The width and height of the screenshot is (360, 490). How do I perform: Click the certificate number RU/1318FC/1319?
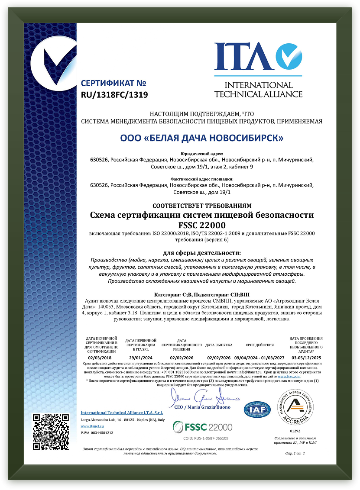pyautogui.click(x=114, y=94)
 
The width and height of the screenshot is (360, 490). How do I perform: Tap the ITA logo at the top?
pyautogui.click(x=258, y=69)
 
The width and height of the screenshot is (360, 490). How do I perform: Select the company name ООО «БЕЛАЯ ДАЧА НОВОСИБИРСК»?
pyautogui.click(x=202, y=138)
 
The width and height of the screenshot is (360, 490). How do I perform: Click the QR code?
pyautogui.click(x=51, y=432)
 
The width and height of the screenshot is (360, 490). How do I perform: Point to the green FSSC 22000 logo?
pyautogui.click(x=203, y=427)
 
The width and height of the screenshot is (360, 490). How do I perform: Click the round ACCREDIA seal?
pyautogui.click(x=295, y=407)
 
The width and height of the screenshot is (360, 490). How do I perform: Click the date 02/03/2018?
pyautogui.click(x=99, y=358)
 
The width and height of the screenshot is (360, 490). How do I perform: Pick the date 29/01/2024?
pyautogui.click(x=140, y=358)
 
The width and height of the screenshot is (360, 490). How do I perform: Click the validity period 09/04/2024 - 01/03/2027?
pyautogui.click(x=259, y=358)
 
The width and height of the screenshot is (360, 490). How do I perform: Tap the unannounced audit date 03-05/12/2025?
pyautogui.click(x=306, y=358)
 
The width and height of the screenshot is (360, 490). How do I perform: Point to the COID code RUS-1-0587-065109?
pyautogui.click(x=203, y=438)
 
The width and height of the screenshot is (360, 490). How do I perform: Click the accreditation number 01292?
pyautogui.click(x=295, y=431)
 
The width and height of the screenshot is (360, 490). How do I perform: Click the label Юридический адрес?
pyautogui.click(x=202, y=153)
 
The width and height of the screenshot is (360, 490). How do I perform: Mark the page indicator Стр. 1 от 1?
pyautogui.click(x=295, y=453)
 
